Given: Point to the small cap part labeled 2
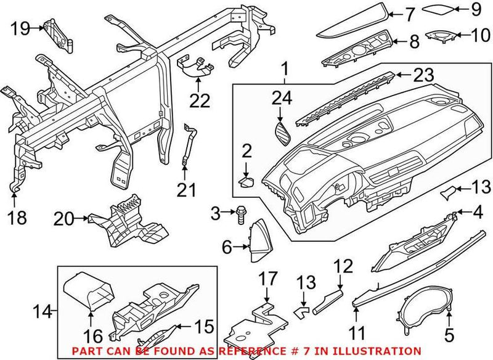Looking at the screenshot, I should (248, 181).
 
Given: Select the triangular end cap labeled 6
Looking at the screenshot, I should (256, 240).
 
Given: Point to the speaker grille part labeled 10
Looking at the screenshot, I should (438, 38).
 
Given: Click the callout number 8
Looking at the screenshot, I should (413, 41).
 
